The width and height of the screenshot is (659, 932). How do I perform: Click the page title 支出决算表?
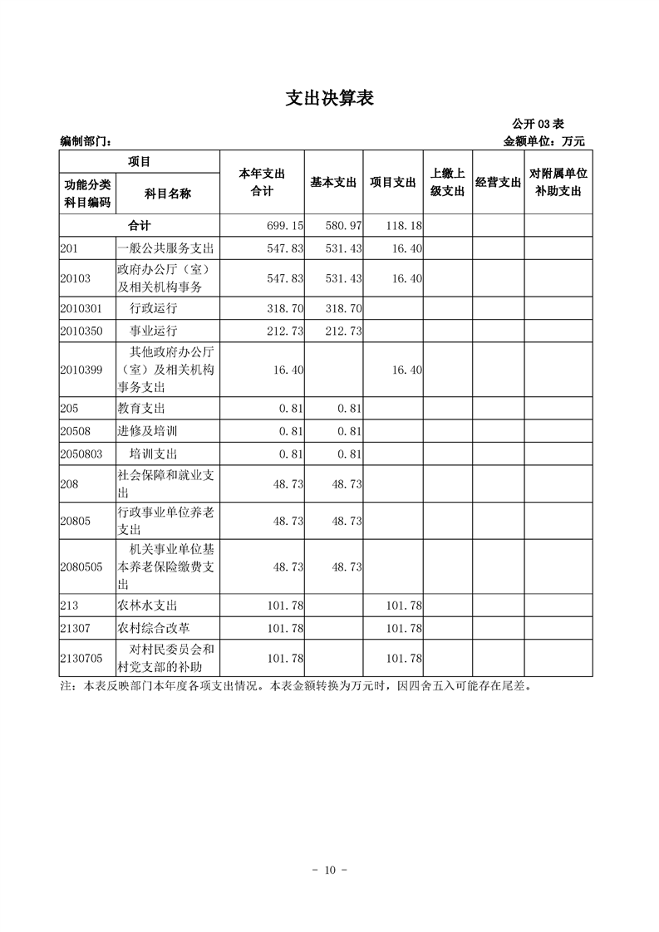329,98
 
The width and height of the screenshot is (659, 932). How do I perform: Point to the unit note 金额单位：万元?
544,141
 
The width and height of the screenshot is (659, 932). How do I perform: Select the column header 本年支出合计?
262,183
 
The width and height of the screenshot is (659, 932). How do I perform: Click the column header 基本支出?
333,183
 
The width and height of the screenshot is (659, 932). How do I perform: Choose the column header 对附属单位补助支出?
558,183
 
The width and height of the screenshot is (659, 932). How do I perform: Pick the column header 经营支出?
498,183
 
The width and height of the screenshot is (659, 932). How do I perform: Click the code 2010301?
81,308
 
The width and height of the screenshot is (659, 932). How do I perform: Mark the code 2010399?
81,370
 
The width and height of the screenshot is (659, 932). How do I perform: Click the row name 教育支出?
141,409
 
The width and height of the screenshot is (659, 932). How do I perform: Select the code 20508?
76,431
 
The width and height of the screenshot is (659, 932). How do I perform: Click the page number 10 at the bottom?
329,870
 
